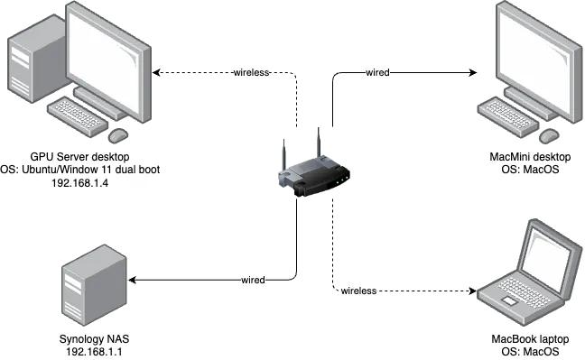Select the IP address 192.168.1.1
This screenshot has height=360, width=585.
click(x=94, y=352)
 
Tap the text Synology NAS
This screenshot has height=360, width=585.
click(x=94, y=339)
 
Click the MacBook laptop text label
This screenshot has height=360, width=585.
click(x=531, y=338)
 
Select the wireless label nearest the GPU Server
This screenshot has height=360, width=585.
click(x=253, y=72)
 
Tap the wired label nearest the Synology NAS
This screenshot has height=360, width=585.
click(x=253, y=281)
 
